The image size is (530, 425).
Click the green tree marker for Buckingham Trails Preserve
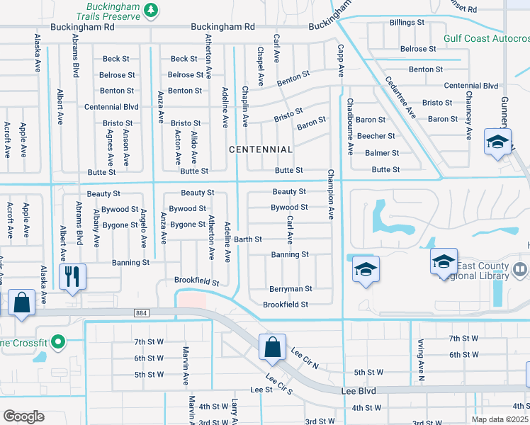[150, 10]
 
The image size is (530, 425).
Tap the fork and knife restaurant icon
[72, 276]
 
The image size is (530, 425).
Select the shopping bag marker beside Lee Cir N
[272, 347]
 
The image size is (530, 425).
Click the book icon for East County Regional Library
[520, 270]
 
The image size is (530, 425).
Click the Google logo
[24, 416]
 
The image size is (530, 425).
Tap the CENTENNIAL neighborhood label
[261, 149]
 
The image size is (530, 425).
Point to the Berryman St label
[291, 289]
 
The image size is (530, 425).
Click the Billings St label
[407, 23]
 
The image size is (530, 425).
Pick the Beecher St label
[376, 136]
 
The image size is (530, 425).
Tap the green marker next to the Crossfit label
[61, 343]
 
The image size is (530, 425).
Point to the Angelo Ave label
[142, 228]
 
